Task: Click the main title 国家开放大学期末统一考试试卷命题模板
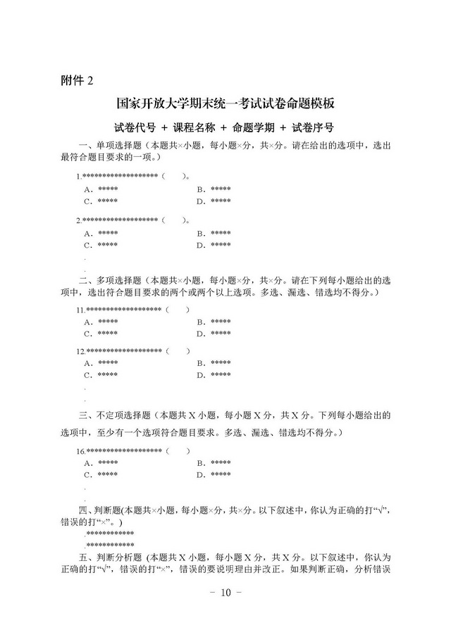coord(225,104)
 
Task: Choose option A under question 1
coord(101,189)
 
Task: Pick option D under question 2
coord(214,245)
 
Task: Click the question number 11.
coord(81,310)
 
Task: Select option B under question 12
coord(214,363)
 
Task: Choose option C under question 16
coord(101,475)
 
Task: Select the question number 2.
coord(79,220)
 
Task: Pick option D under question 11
coord(214,334)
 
